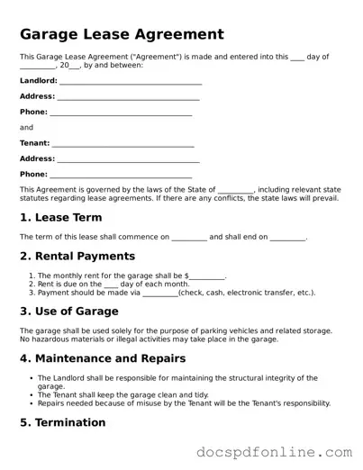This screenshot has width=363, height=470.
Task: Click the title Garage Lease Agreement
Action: [x=122, y=35]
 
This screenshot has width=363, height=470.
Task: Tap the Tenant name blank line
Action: [x=123, y=143]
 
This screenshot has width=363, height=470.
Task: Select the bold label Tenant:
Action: [x=35, y=142]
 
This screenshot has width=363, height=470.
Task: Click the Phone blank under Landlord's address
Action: [x=121, y=113]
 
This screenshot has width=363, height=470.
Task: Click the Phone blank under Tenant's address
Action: [x=121, y=174]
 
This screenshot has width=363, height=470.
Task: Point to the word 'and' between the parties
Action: [x=26, y=128]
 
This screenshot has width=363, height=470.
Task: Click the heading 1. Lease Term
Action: [x=60, y=217]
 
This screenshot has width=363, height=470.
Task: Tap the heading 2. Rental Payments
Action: [x=77, y=256]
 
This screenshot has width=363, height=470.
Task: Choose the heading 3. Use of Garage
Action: [x=69, y=312]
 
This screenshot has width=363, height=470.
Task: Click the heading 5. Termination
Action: [x=62, y=422]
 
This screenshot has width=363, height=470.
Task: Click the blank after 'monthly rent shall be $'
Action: [x=207, y=276]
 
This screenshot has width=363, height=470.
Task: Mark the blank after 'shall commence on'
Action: [x=188, y=238]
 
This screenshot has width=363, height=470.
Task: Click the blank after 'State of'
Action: [x=235, y=190]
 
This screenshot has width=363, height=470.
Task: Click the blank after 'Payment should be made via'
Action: [x=160, y=293]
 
